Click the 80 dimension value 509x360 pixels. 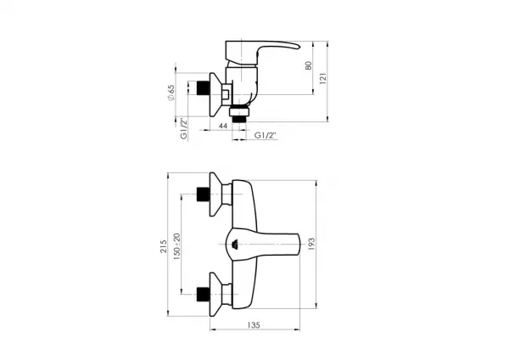pyautogui.click(x=309, y=65)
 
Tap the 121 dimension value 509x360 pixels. pyautogui.click(x=323, y=78)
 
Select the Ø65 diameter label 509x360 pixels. pyautogui.click(x=171, y=93)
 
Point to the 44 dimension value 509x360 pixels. pyautogui.click(x=223, y=126)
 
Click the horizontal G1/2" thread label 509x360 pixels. pyautogui.click(x=265, y=135)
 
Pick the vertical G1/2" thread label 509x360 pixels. pyautogui.click(x=184, y=129)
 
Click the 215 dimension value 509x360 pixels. pyautogui.click(x=163, y=246)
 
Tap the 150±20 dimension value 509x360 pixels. pyautogui.click(x=176, y=246)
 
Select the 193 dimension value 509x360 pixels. pyautogui.click(x=311, y=244)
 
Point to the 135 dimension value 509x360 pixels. pyautogui.click(x=254, y=324)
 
